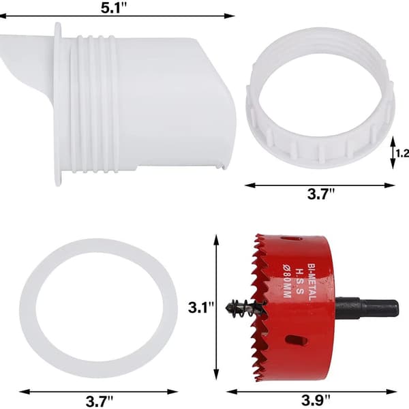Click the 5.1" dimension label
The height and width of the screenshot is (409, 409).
[x=113, y=7]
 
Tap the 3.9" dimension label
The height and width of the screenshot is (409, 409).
[x=316, y=401]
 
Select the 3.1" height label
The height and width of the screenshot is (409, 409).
[x=201, y=307]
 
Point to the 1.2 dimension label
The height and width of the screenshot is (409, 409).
[x=402, y=153]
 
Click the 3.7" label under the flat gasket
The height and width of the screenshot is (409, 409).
[x=100, y=402]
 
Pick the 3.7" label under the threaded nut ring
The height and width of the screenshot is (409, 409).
[x=321, y=194]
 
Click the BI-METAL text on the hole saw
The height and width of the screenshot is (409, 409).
[x=312, y=282]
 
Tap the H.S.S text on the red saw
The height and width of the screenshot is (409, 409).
[x=299, y=282]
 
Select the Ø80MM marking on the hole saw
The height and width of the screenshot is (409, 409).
[x=287, y=282]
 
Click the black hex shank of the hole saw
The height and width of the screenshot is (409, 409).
[x=367, y=308]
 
